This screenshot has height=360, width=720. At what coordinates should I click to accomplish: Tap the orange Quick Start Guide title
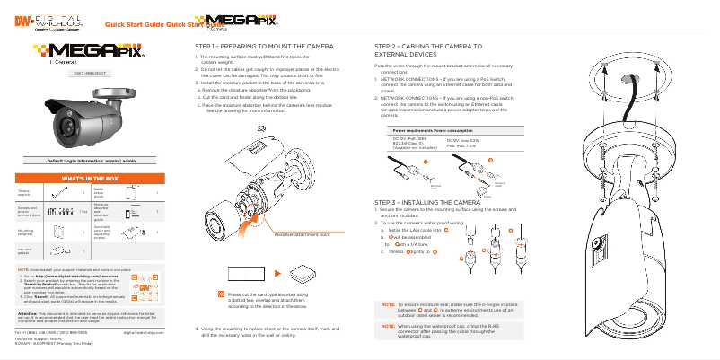point(142,25)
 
